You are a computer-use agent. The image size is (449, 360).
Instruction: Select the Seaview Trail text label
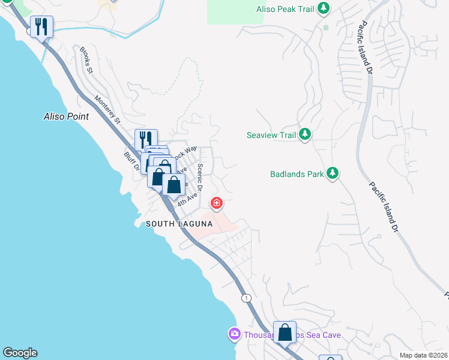click(272, 135)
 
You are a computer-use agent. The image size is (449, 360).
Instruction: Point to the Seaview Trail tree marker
click(306, 134)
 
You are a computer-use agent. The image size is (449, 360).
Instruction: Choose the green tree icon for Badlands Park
click(332, 174)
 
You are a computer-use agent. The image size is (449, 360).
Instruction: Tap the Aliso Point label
click(66, 116)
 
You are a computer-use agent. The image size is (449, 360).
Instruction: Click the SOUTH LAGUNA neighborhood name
click(179, 224)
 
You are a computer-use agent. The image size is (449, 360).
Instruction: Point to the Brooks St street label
click(86, 61)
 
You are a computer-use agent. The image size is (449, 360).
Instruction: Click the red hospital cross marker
click(217, 203)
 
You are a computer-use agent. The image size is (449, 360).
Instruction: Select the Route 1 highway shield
click(246, 298)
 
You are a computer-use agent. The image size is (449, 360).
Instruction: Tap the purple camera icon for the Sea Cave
click(234, 333)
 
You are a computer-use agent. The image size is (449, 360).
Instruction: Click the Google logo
click(20, 353)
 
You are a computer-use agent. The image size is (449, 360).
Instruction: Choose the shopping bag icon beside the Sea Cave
click(285, 331)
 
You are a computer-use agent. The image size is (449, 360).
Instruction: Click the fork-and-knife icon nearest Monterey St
click(146, 140)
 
